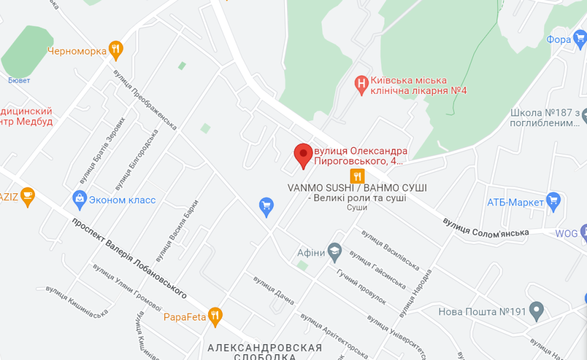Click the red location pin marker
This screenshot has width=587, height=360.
point(303,155)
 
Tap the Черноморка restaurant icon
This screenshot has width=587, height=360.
point(116,51)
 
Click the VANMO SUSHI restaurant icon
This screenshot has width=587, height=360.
point(357,176)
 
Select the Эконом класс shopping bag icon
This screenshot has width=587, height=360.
point(79,200)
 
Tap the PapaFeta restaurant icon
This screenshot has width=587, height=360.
point(215,317)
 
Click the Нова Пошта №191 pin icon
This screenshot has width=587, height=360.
point(536,311)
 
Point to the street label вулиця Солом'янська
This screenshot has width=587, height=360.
point(485,226)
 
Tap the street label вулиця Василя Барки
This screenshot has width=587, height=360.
point(177,231)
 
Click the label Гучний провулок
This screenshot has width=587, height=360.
point(361,287)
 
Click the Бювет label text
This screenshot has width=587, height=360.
point(19,80)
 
